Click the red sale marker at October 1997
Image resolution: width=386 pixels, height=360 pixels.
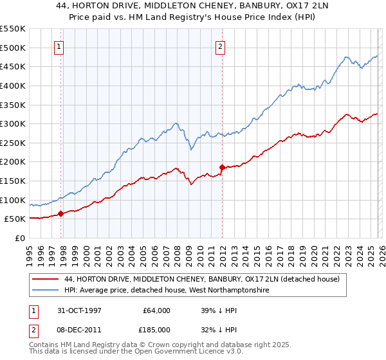point(61,214)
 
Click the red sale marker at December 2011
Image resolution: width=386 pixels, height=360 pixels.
point(222,167)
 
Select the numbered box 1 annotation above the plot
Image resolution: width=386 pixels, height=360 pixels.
point(59,46)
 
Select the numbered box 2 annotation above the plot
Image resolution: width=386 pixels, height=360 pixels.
point(220,46)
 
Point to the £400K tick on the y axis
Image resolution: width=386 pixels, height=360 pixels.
point(12,85)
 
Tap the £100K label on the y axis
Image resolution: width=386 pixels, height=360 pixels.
point(12,200)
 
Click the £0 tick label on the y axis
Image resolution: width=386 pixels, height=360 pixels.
point(19,238)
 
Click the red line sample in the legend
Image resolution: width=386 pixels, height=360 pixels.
point(45,279)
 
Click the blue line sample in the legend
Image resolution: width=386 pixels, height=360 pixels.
point(45,290)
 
